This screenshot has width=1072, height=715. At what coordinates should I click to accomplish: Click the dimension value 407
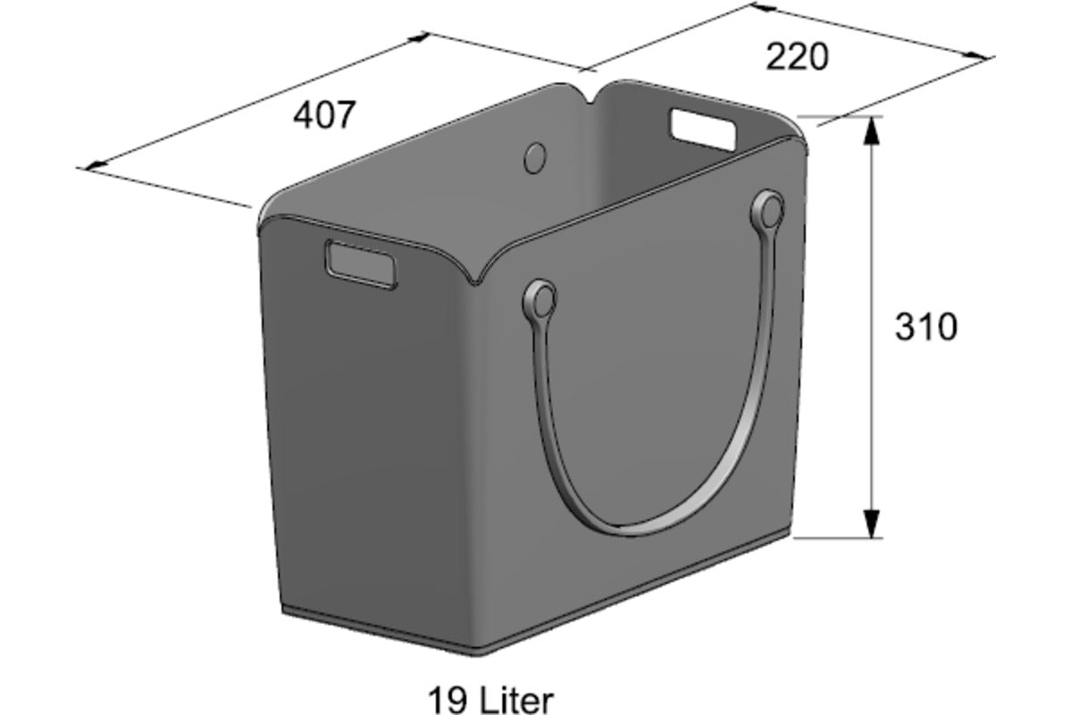click(324, 115)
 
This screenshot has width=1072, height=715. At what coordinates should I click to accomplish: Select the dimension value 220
click(797, 57)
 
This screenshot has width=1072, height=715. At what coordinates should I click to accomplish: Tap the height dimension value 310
click(926, 327)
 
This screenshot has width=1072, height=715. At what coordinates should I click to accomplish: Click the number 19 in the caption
click(448, 701)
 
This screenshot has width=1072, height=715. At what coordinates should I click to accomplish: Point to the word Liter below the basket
click(516, 701)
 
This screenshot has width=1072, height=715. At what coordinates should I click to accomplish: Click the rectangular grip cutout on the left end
click(361, 265)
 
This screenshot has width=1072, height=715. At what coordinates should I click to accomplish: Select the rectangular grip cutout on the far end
click(703, 130)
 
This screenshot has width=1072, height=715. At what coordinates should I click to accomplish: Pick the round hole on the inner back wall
click(534, 157)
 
